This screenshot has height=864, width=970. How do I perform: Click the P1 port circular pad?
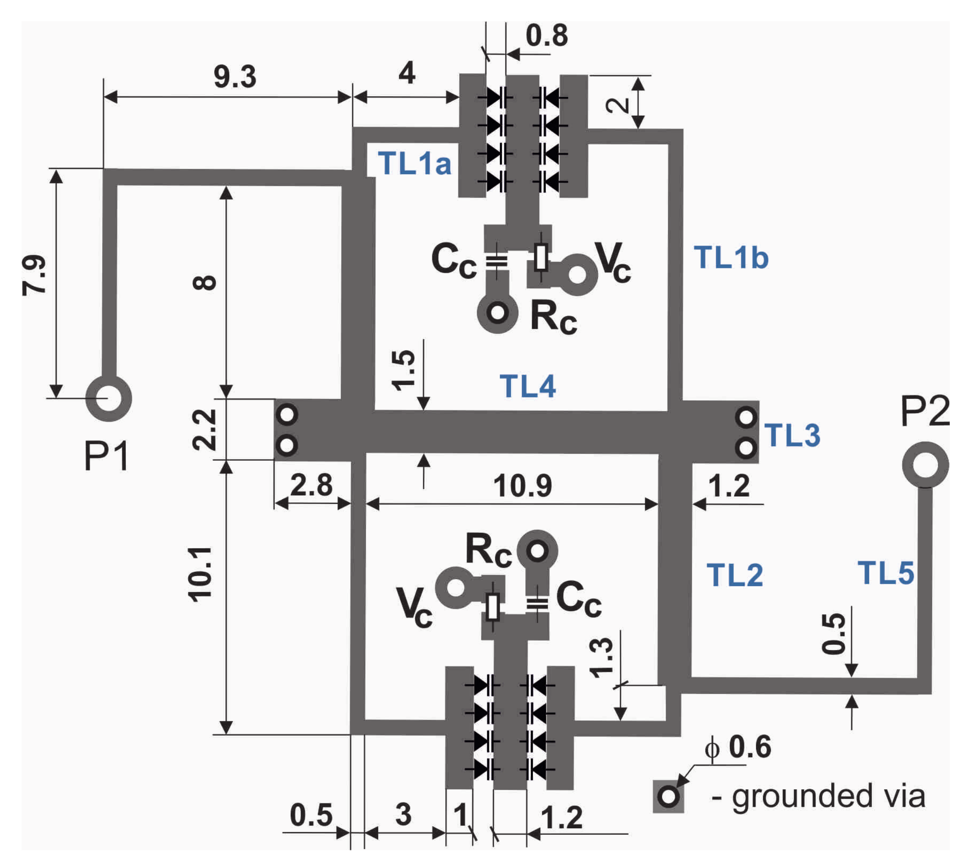pos(109,398)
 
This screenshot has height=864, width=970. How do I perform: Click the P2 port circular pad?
pos(925,465)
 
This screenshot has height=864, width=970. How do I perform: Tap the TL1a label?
pos(414,164)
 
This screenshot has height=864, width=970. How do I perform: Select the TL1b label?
pos(731,258)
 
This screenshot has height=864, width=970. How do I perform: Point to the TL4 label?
pos(527,386)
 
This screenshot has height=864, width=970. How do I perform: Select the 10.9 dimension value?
pos(522,486)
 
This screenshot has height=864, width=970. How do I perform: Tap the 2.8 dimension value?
pos(311,485)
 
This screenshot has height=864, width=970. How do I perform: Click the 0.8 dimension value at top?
pos(547,36)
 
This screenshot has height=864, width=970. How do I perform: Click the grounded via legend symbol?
pos(668,796)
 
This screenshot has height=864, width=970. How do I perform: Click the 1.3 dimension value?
pos(602,658)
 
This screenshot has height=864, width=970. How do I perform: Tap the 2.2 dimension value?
pos(204,430)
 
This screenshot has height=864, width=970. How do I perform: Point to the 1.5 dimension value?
pos(404,370)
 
